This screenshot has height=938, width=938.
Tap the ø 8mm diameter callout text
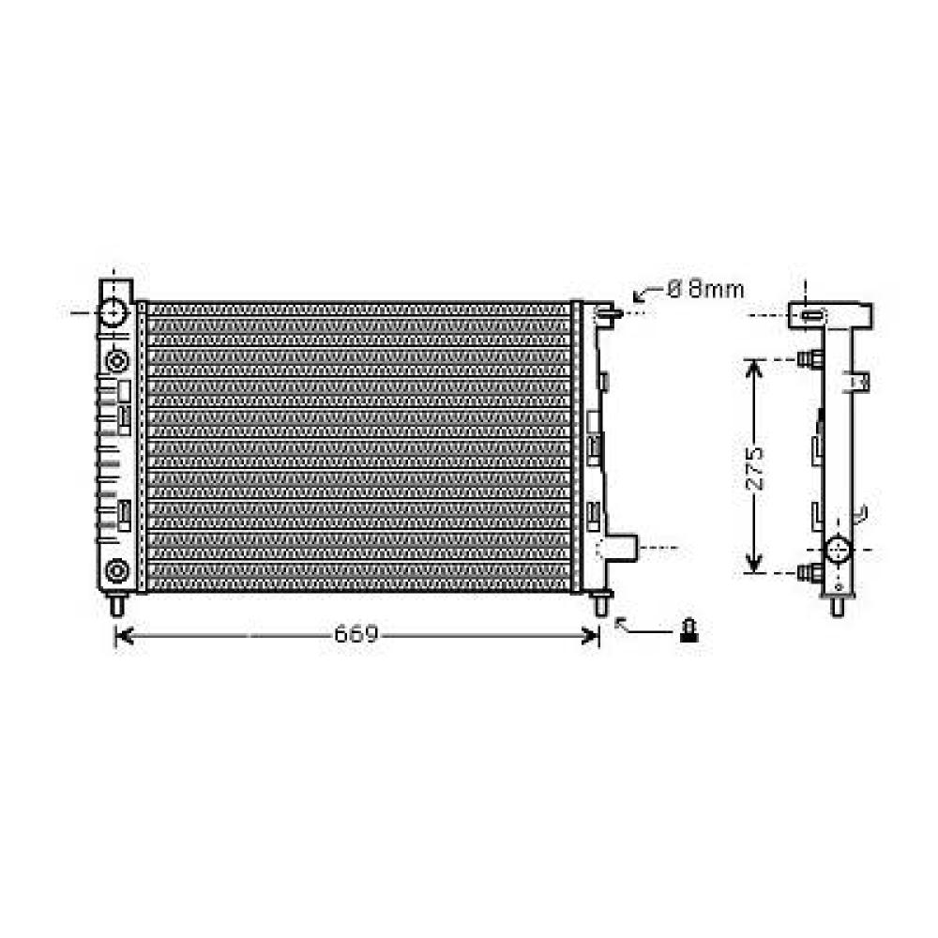[x=705, y=289]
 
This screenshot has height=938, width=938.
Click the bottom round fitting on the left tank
[x=116, y=568]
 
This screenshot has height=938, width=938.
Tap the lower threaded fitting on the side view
[x=809, y=571]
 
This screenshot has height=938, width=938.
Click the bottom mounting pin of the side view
[x=838, y=605]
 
